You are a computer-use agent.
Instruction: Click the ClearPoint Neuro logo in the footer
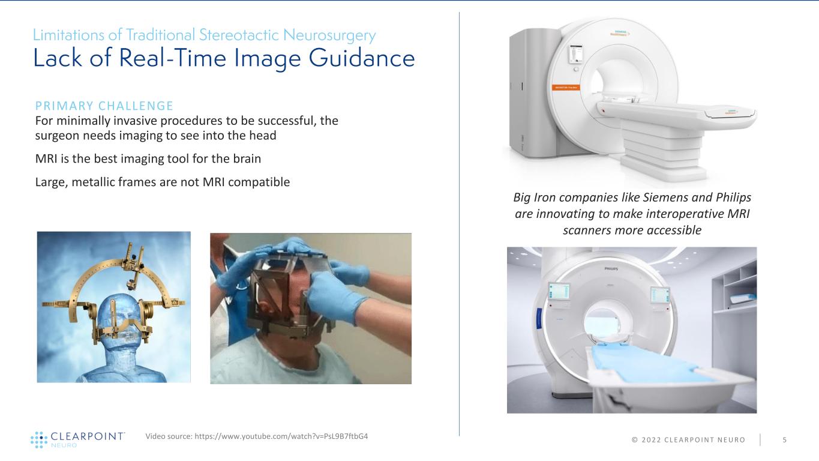pyautogui.click(x=78, y=439)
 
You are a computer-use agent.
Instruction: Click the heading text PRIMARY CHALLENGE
pyautogui.click(x=104, y=106)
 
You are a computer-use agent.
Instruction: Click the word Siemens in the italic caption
pyautogui.click(x=661, y=197)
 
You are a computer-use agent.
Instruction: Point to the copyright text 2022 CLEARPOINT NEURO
pyautogui.click(x=688, y=440)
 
